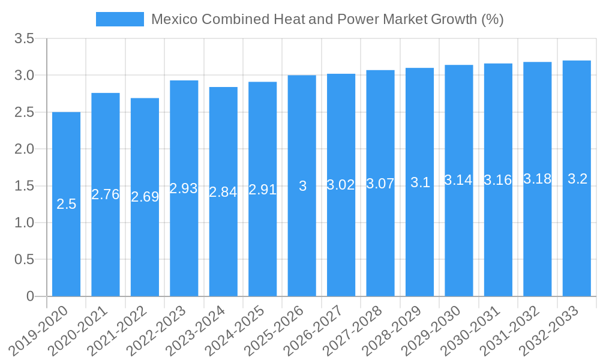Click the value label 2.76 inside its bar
106,194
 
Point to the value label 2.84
223,192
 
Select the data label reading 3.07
380,184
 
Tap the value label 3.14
458,180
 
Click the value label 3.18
537,179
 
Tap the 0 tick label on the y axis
31,296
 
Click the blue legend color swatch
120,19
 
